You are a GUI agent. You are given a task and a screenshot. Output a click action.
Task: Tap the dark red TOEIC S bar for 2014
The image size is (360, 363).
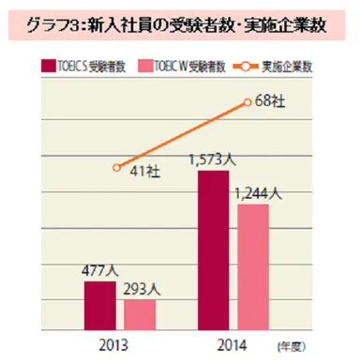click(x=213, y=248)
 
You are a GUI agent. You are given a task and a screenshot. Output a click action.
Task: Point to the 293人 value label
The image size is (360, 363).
click(x=143, y=290)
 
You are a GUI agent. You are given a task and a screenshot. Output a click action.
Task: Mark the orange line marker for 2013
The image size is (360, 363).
click(x=116, y=167)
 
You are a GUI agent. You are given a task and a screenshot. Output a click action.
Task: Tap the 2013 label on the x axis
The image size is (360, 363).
click(x=119, y=343)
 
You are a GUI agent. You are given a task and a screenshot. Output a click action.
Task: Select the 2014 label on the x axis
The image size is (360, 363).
click(x=232, y=343)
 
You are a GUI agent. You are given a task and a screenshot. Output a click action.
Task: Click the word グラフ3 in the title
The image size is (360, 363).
click(x=56, y=23)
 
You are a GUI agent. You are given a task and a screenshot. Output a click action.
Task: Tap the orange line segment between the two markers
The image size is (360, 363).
click(x=182, y=134)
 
